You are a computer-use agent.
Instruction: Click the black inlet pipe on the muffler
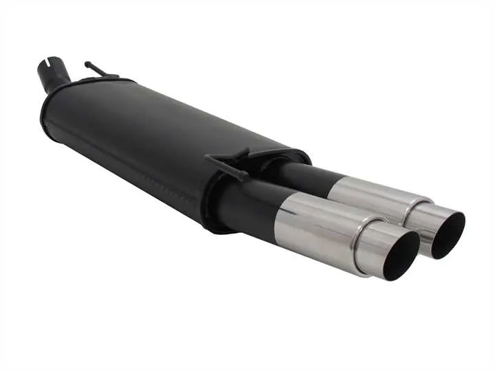click(54, 74)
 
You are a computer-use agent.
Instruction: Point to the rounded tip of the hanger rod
click(87, 64)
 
